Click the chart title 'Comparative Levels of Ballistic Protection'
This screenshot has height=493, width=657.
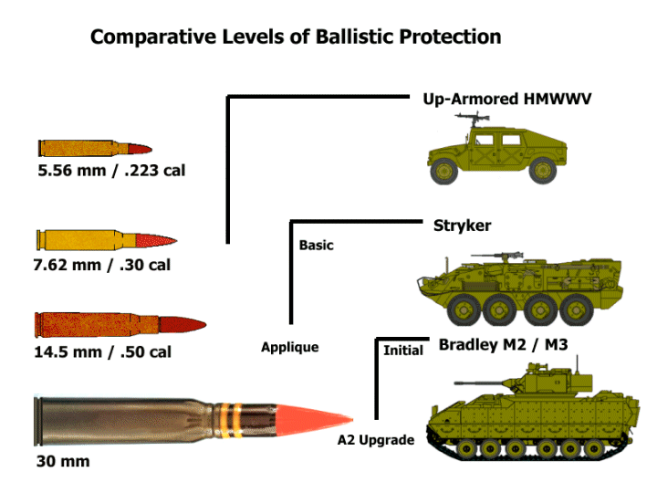296,37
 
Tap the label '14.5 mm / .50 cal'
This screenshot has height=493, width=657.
102,351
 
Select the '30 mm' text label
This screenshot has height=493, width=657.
63,461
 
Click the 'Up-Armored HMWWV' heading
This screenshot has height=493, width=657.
507,98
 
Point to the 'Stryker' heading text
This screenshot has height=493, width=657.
462,226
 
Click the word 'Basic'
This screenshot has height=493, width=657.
317,245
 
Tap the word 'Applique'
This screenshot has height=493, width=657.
289,347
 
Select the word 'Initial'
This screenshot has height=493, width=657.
402,351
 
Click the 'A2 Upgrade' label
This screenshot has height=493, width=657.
376,440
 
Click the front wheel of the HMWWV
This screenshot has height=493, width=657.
444,169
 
